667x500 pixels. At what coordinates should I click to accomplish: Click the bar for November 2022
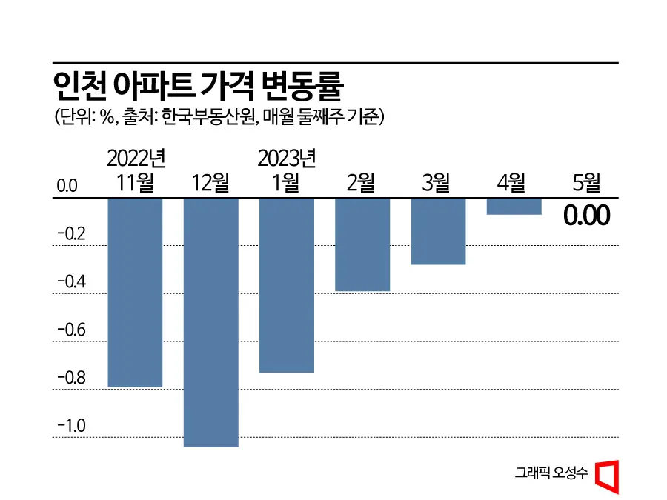(x=136, y=292)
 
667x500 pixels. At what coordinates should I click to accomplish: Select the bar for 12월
(x=211, y=321)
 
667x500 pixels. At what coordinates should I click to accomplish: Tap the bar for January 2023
(x=287, y=284)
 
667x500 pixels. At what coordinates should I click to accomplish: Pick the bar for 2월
(x=362, y=244)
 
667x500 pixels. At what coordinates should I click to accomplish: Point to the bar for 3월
(x=438, y=231)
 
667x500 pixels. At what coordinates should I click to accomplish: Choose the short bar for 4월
(x=514, y=206)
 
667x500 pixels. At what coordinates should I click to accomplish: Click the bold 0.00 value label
(x=586, y=216)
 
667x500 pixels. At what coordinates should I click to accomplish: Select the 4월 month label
(x=512, y=182)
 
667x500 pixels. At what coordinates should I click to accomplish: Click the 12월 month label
(x=211, y=182)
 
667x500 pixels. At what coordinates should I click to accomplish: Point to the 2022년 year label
(x=136, y=158)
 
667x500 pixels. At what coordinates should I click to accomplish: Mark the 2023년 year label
(x=287, y=158)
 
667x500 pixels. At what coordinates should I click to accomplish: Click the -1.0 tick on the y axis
(x=72, y=426)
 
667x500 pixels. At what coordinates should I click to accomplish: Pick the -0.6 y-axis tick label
(x=72, y=330)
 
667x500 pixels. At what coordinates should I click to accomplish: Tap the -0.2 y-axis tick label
(x=72, y=234)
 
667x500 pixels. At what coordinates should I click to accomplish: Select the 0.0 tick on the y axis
(x=67, y=185)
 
